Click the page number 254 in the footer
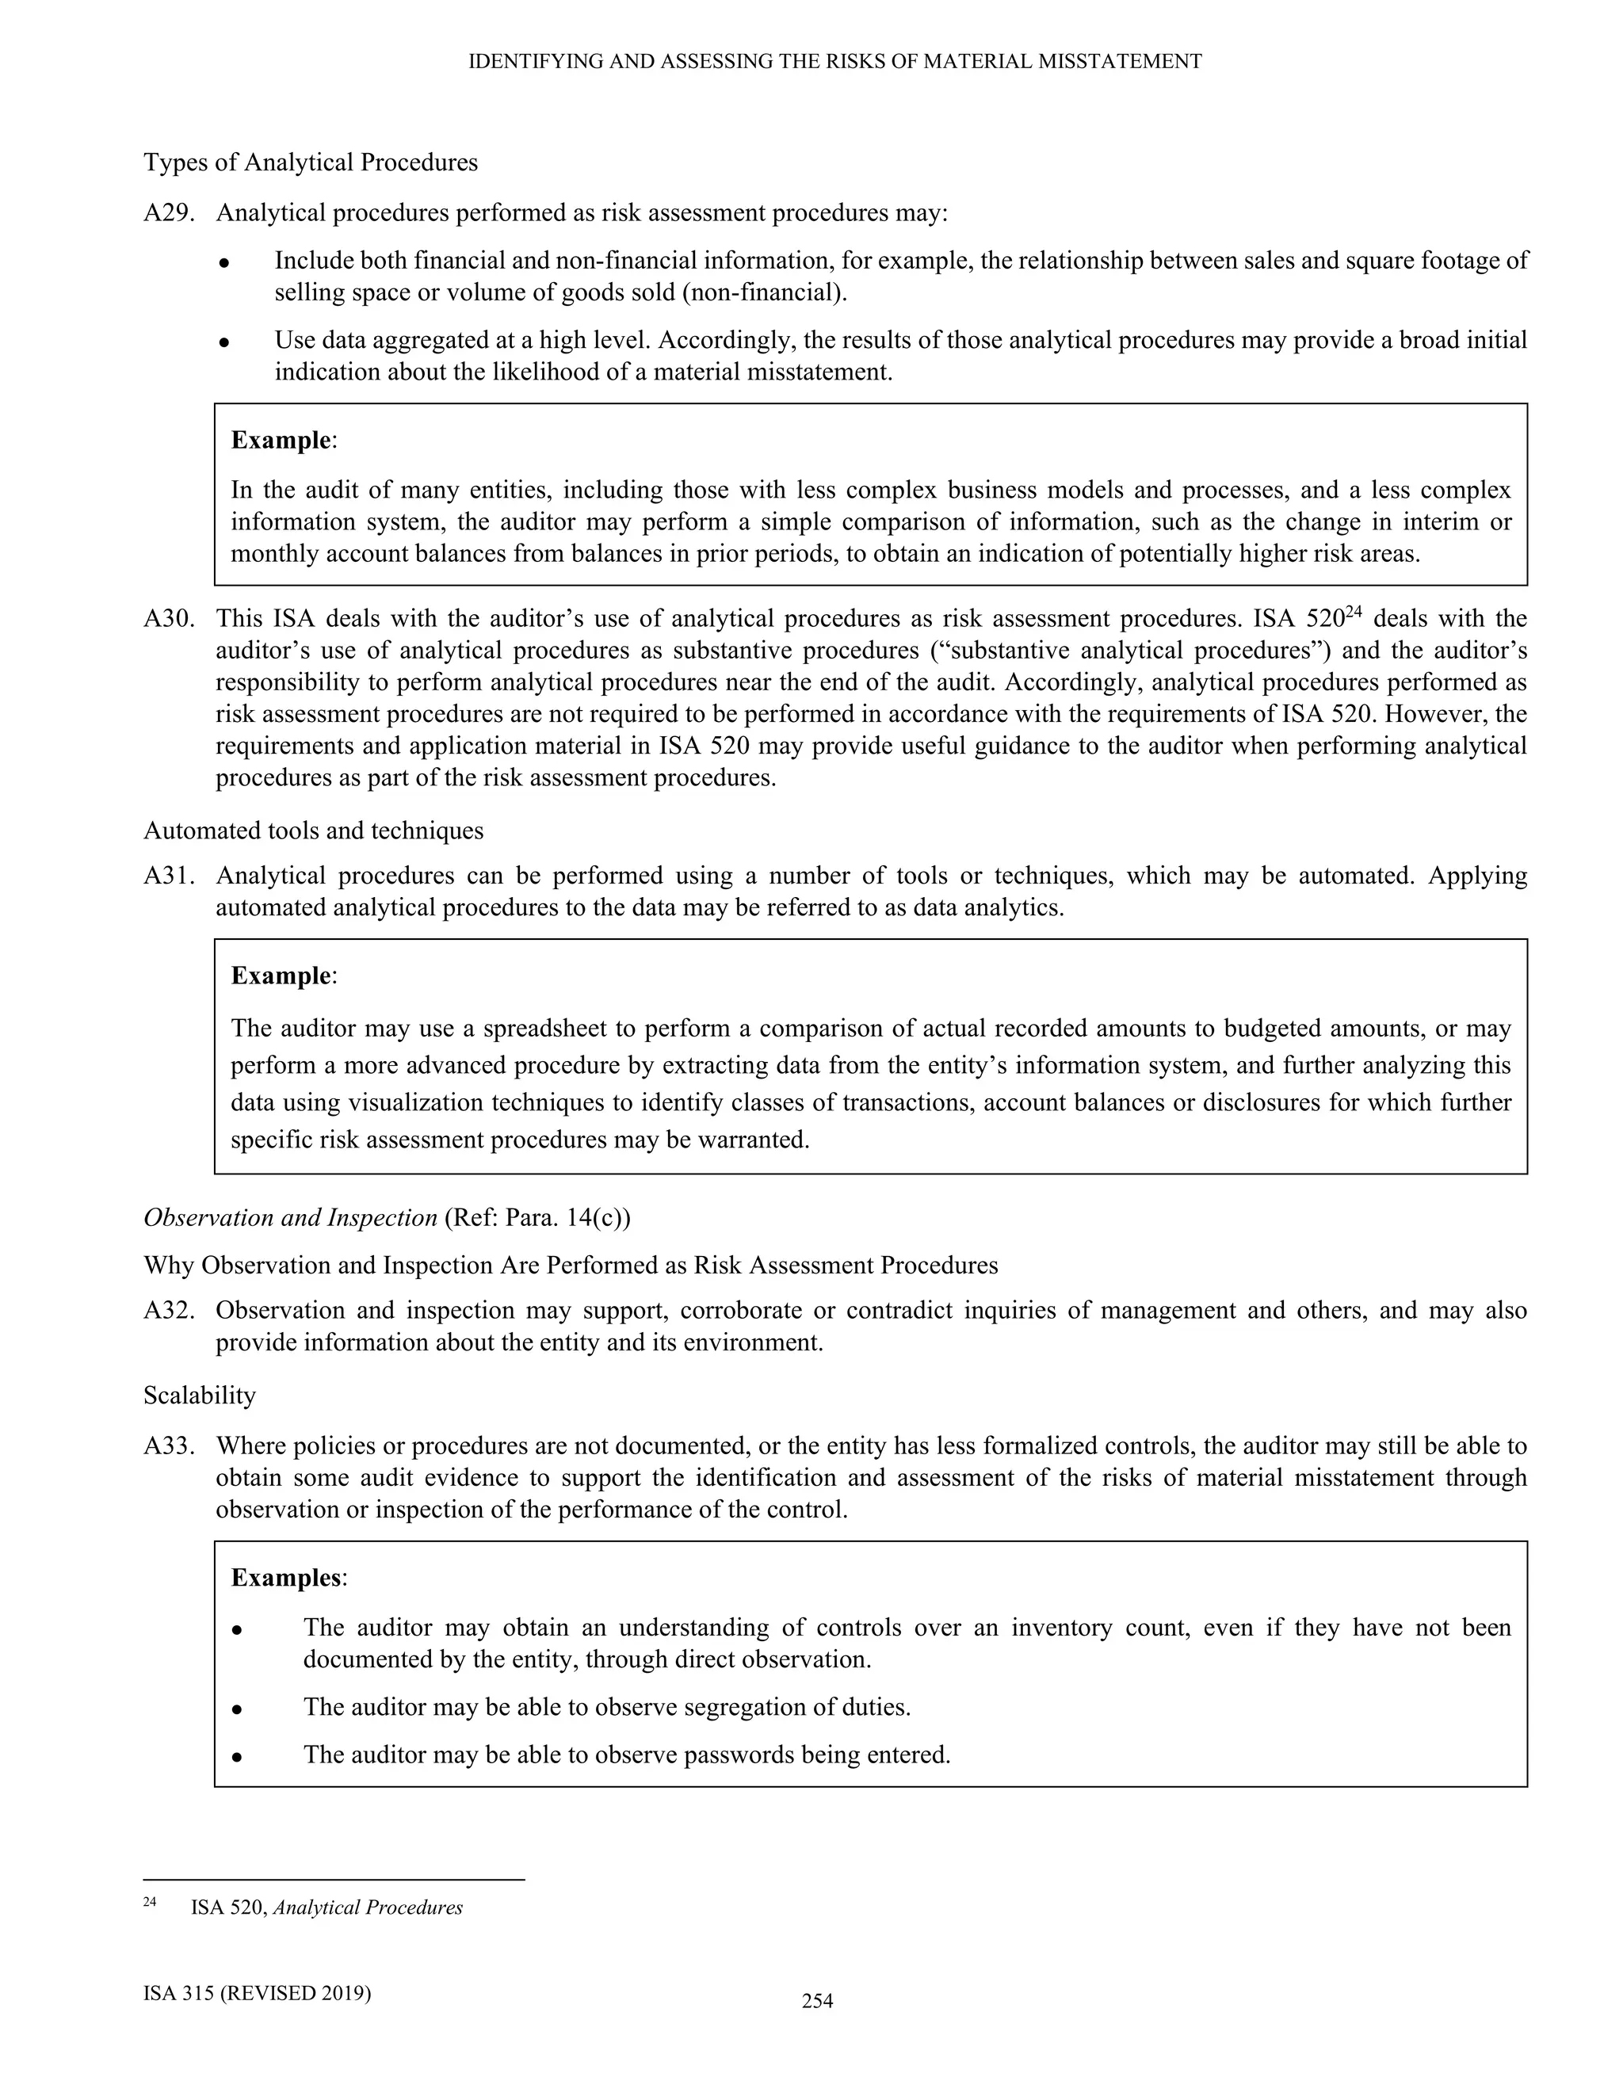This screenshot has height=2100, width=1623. [817, 2002]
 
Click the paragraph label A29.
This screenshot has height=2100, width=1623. [168, 212]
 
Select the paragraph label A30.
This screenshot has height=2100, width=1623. [168, 618]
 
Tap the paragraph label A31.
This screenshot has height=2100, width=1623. [168, 876]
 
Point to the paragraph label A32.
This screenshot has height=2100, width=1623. [168, 1311]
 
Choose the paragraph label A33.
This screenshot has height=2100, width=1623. [168, 1446]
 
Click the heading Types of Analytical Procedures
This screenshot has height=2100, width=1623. [311, 162]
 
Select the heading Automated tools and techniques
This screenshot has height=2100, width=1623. [314, 830]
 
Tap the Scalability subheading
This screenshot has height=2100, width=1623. [200, 1396]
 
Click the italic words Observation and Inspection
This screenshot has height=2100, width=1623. [290, 1218]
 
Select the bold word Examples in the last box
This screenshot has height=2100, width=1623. [285, 1578]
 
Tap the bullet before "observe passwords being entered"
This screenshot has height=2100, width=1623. [235, 1757]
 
